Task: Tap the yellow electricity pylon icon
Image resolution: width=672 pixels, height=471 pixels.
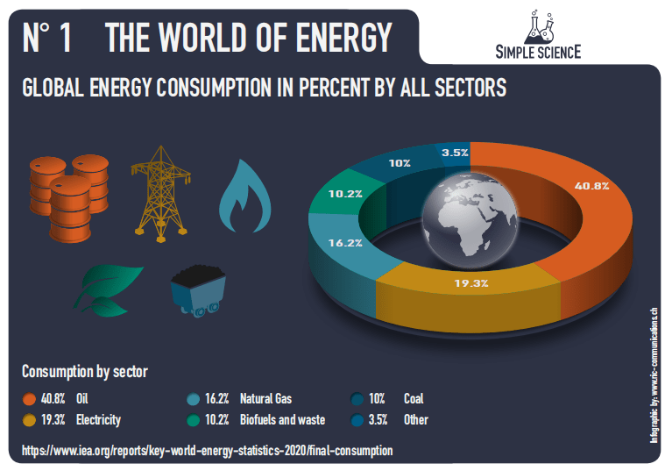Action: (x=160, y=189)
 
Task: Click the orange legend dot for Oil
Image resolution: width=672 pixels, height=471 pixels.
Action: (x=29, y=398)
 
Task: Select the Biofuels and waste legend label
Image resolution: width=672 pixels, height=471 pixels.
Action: (x=282, y=419)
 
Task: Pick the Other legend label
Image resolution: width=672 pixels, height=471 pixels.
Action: (x=416, y=419)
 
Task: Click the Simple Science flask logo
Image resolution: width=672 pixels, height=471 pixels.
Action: (x=536, y=27)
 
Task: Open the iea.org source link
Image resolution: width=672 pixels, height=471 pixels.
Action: (x=207, y=450)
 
